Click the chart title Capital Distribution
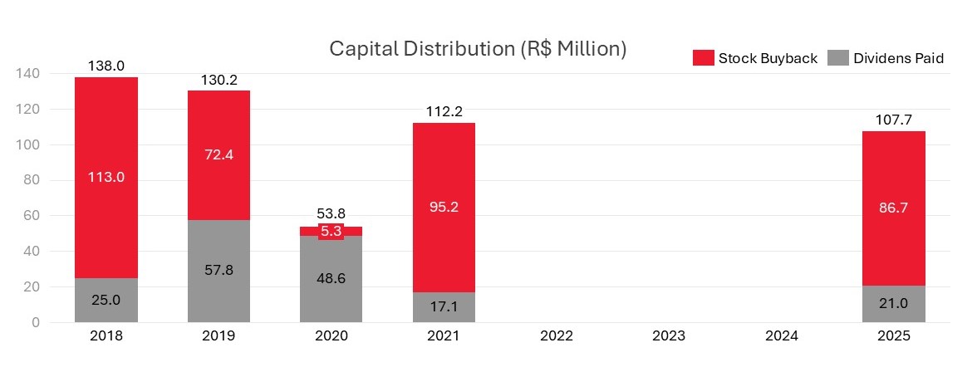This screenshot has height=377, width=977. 478,49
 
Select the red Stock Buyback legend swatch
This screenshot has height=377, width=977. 703,58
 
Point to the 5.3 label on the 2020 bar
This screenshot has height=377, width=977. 331,232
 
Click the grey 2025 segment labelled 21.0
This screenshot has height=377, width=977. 894,304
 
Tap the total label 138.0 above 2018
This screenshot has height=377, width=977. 106,65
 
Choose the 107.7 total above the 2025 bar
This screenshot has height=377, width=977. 894,120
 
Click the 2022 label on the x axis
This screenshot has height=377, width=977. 556,336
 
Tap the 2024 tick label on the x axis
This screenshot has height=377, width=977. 781,336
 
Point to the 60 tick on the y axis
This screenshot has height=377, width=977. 31,216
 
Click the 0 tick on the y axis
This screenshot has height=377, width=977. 34,322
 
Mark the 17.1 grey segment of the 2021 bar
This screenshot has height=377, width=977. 444,307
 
